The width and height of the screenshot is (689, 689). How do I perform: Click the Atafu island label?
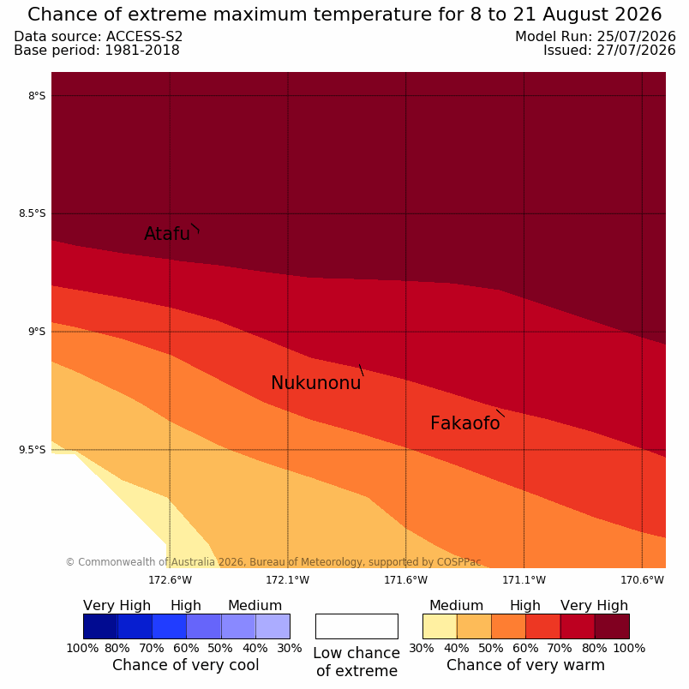tap(167, 233)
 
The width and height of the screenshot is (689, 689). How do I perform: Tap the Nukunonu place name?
tap(316, 383)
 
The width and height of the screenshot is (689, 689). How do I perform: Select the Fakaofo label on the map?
tap(464, 423)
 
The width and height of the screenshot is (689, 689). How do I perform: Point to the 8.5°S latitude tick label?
tap(32, 213)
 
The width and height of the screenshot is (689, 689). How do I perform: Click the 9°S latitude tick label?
tap(37, 332)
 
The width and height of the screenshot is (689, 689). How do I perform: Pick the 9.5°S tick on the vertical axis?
tap(32, 450)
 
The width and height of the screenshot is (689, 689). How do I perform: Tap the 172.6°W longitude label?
tap(170, 580)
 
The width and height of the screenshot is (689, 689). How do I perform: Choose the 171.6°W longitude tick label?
tap(405, 580)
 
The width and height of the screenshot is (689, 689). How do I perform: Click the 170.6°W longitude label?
tap(642, 580)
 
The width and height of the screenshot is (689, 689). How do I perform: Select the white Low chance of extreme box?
tap(356, 626)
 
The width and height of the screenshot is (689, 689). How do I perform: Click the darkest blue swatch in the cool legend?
tap(100, 626)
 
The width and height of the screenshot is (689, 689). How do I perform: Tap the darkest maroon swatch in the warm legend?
tap(612, 626)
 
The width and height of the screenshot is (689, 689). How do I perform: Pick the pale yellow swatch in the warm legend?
tap(440, 626)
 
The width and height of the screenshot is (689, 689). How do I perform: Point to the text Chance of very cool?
tap(186, 665)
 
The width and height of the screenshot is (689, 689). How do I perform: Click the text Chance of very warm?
tap(525, 665)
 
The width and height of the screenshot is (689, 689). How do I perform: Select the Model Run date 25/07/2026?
tap(635, 37)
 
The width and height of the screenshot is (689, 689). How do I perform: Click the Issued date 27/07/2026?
tap(635, 51)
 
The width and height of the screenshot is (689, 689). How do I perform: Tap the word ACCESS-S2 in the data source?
tap(144, 37)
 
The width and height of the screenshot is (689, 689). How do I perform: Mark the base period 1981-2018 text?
tap(142, 51)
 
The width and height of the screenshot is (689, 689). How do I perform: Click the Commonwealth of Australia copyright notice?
tap(273, 562)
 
